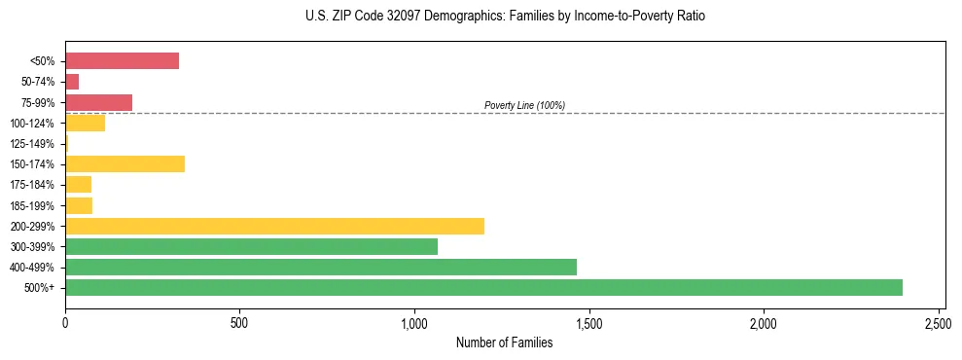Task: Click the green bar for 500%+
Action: pyautogui.click(x=483, y=287)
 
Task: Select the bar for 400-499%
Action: pyautogui.click(x=321, y=267)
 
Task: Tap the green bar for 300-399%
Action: pyautogui.click(x=251, y=246)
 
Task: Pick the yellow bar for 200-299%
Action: pyautogui.click(x=274, y=226)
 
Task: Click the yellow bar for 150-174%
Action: pyautogui.click(x=125, y=163)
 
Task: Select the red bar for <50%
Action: pyautogui.click(x=122, y=60)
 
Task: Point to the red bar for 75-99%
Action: pyautogui.click(x=98, y=102)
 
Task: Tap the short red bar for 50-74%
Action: pyautogui.click(x=72, y=82)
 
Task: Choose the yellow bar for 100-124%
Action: pyautogui.click(x=85, y=123)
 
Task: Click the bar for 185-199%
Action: pyautogui.click(x=79, y=205)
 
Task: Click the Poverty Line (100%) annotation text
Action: pyautogui.click(x=524, y=105)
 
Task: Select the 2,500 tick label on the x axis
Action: pyautogui.click(x=939, y=321)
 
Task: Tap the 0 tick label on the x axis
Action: pyautogui.click(x=65, y=321)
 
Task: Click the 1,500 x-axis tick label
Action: pyautogui.click(x=589, y=321)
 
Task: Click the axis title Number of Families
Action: pyautogui.click(x=504, y=342)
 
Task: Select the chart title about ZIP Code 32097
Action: pyautogui.click(x=504, y=17)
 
